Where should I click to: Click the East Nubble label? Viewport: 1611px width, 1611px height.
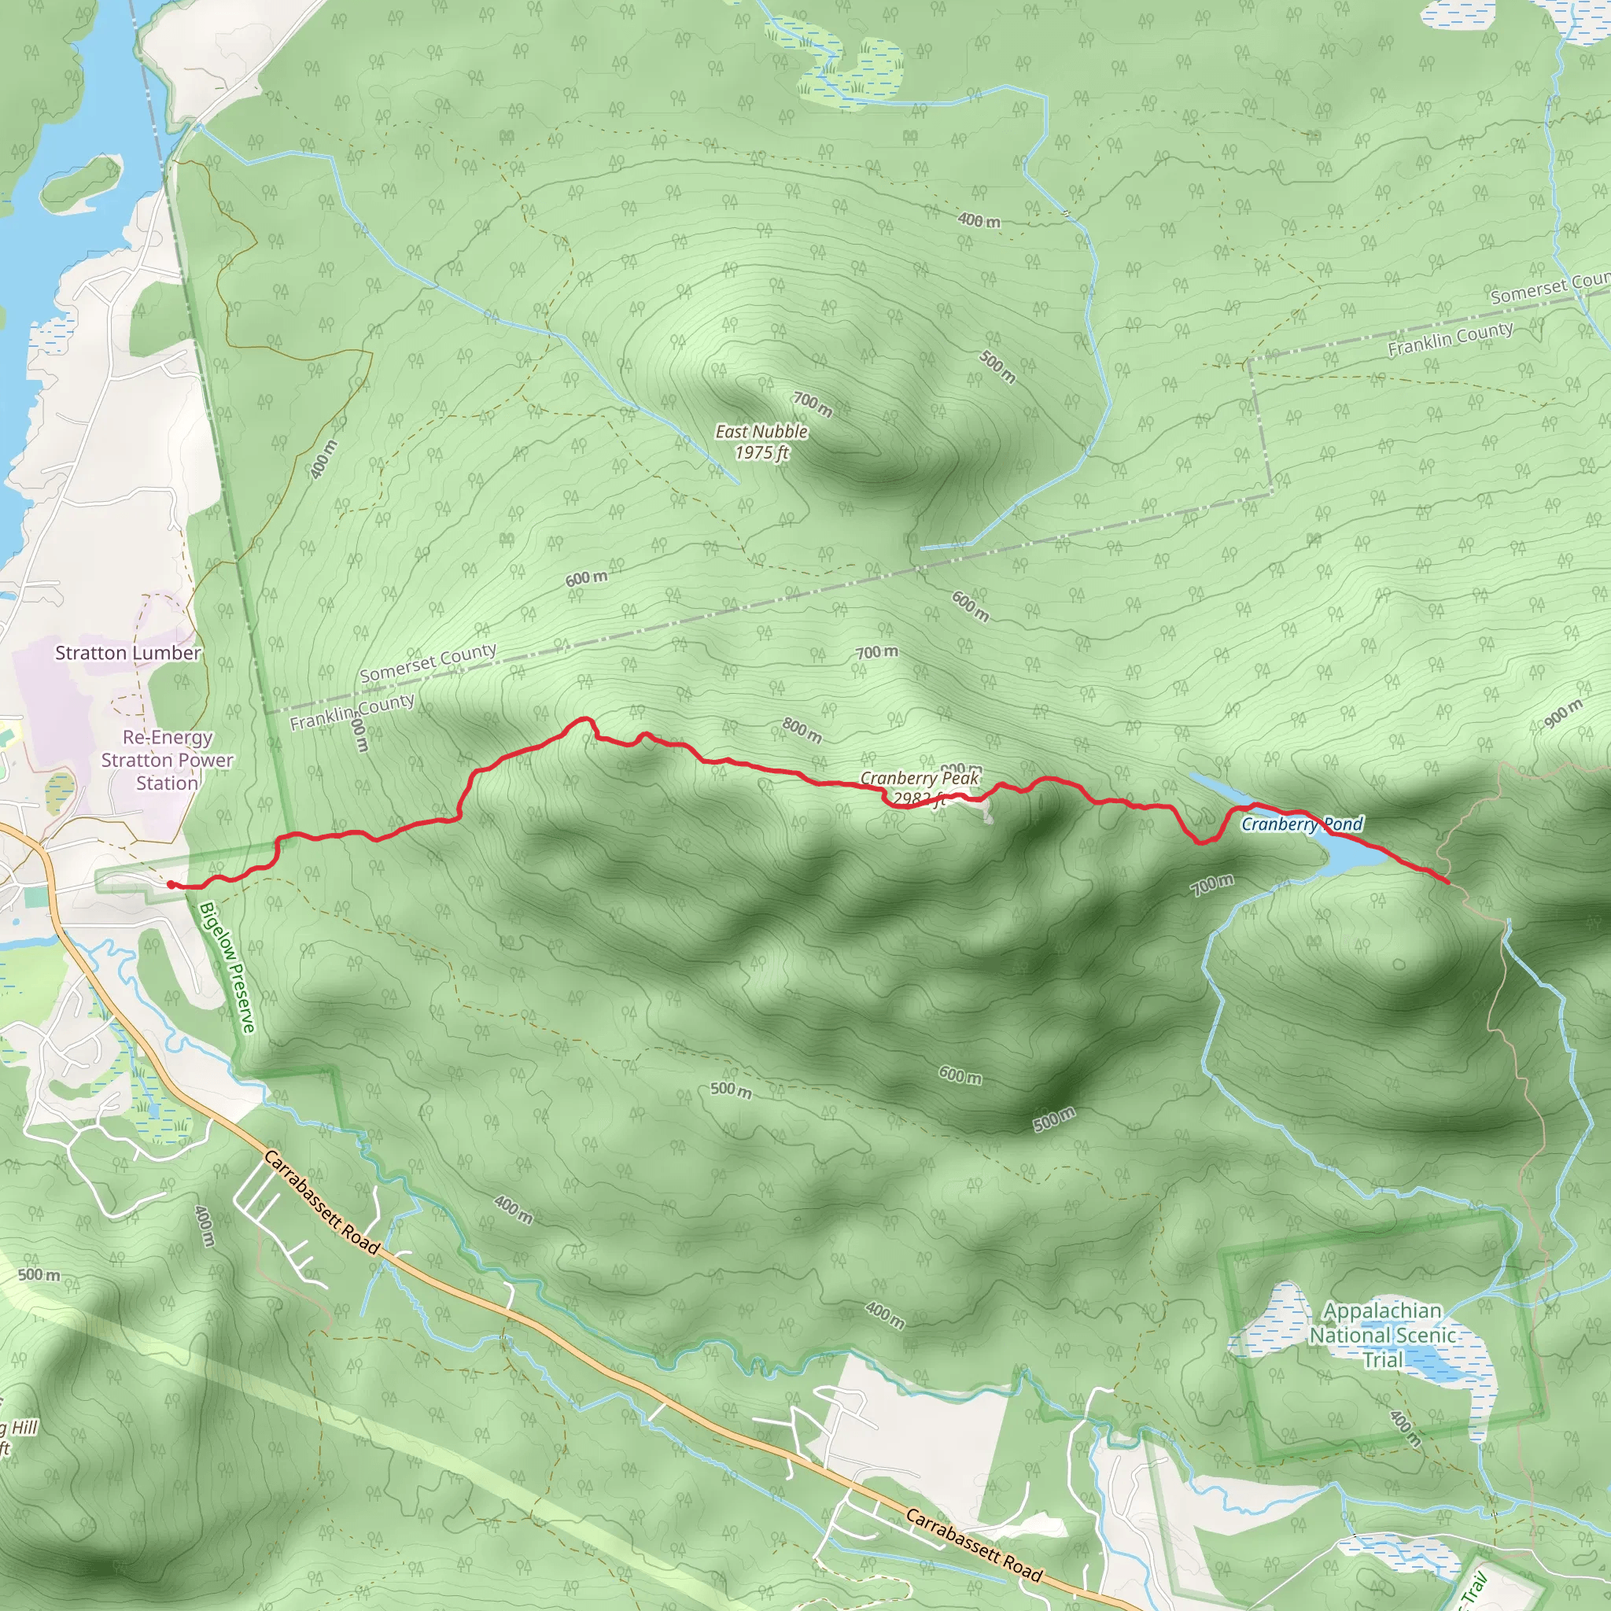coord(761,431)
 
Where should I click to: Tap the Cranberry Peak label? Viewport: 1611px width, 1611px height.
coord(920,778)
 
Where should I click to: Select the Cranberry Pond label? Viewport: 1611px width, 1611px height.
coord(1302,824)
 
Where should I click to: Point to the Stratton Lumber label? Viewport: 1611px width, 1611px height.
coord(127,653)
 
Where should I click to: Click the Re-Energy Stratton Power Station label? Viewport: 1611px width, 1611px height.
coord(167,760)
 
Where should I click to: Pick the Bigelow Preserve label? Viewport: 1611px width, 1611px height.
coord(227,968)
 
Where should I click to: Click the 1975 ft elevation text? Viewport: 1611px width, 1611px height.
coord(761,453)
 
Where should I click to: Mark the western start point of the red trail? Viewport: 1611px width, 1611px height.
coord(171,885)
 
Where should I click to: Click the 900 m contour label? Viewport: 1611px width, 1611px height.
coord(1563,713)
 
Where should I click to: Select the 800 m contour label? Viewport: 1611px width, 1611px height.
coord(802,730)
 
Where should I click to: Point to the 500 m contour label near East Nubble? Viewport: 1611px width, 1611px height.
coord(997,367)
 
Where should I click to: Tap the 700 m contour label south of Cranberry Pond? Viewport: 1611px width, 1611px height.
coord(1212,885)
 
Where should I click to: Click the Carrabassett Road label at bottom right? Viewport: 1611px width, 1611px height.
coord(974,1545)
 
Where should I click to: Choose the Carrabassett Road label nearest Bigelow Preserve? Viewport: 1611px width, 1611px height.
coord(322,1202)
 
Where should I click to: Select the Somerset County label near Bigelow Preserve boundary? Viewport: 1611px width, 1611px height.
coord(428,662)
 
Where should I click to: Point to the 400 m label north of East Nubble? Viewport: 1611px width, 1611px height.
coord(979,221)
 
